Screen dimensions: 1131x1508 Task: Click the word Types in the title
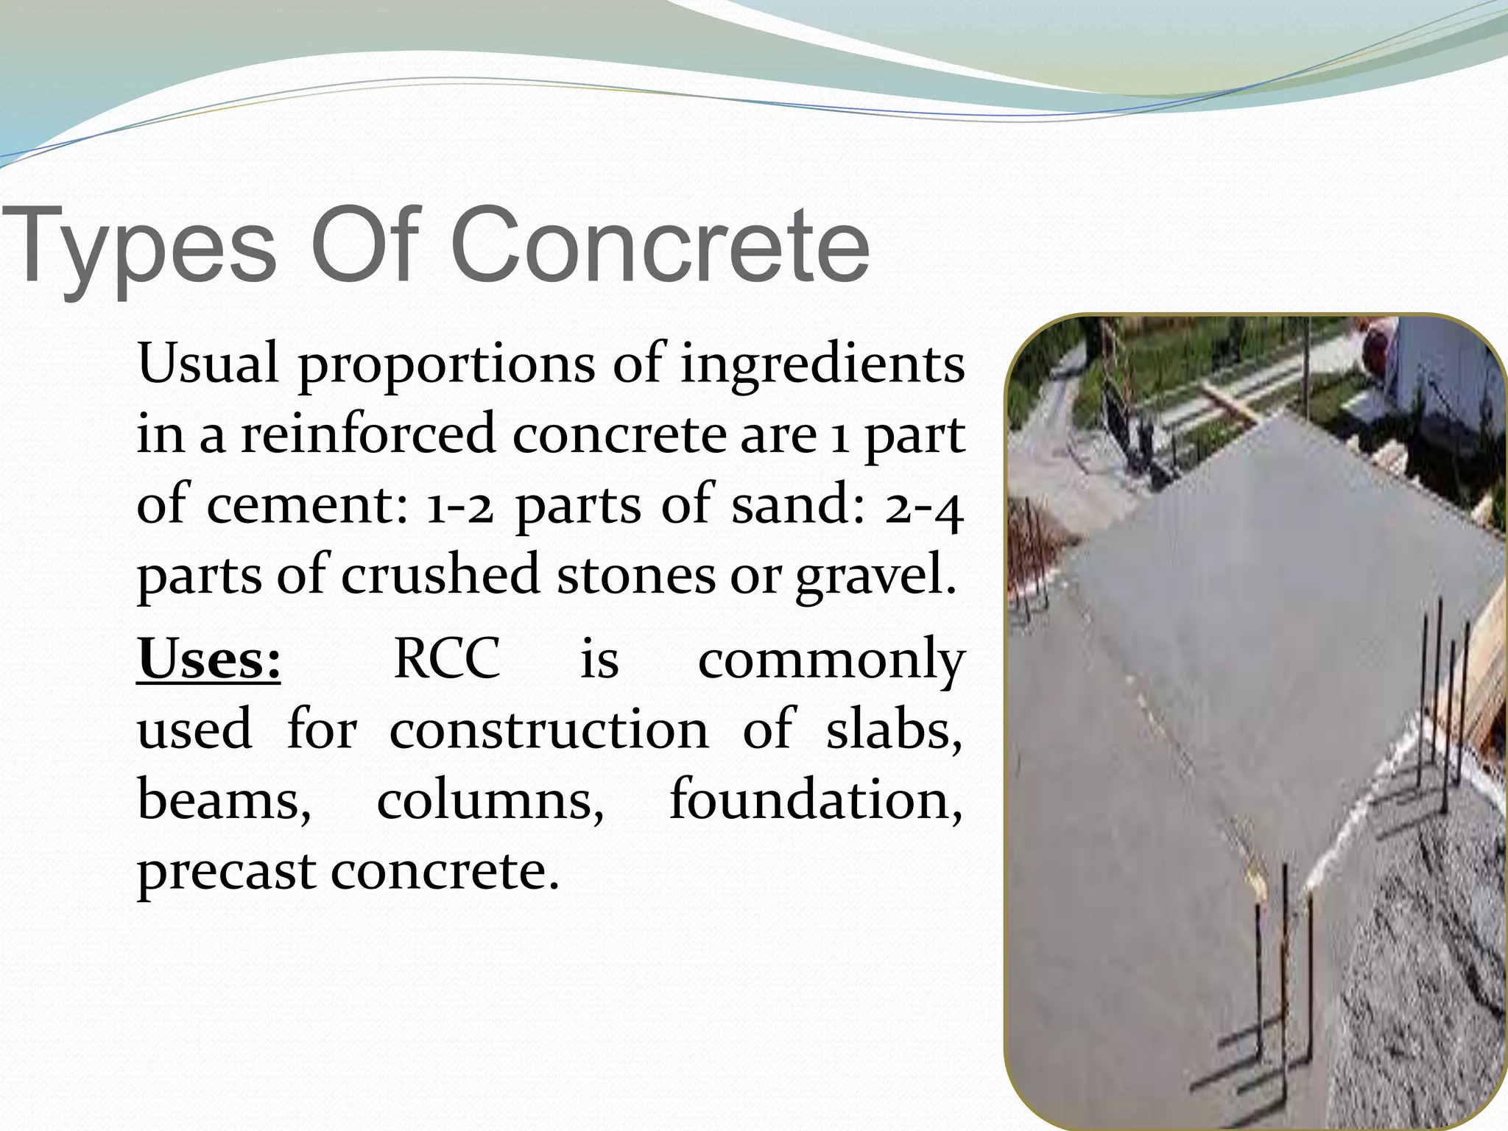[x=140, y=247]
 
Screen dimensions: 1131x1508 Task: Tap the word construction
[x=549, y=730]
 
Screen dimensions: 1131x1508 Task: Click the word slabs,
[x=894, y=730]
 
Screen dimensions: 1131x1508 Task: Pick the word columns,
[x=490, y=800]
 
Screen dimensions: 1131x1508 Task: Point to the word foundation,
[x=816, y=800]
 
